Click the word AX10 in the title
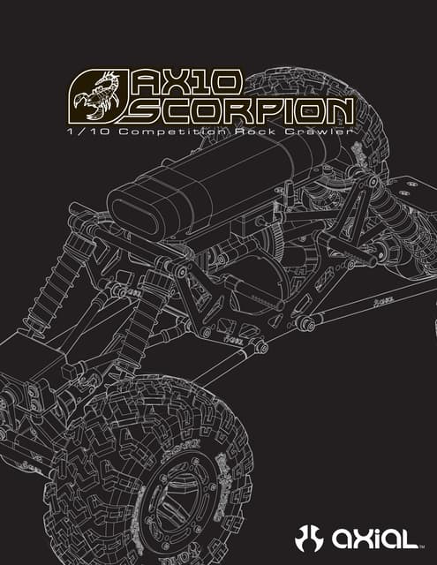coord(185,82)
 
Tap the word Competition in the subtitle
coord(172,132)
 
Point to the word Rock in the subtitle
coord(255,132)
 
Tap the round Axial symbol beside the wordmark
coord(309,539)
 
